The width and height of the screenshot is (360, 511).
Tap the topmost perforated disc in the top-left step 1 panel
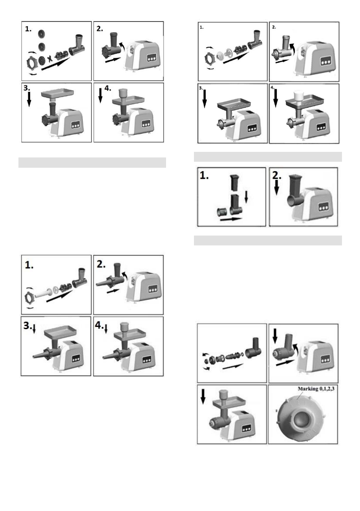[x=42, y=33]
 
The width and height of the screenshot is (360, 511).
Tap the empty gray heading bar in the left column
[x=92, y=163]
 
